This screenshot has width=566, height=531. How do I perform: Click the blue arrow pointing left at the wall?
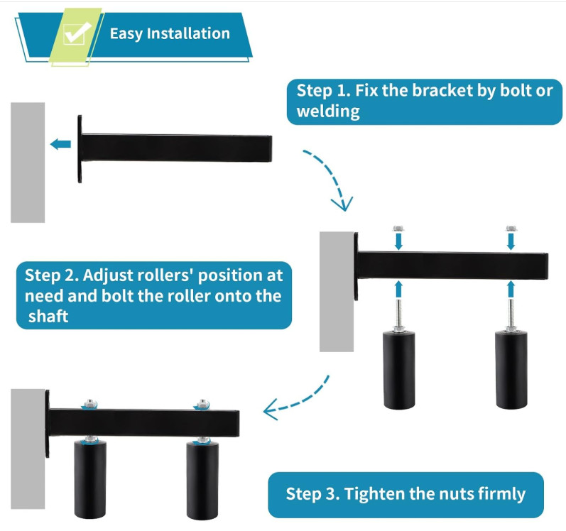coord(61,145)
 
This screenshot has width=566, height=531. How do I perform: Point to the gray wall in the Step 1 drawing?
coord(28,162)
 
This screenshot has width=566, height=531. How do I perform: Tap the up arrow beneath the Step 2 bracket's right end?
coord(510,288)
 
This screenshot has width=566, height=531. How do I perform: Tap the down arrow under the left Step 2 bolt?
coord(398,242)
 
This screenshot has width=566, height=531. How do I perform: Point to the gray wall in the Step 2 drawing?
coord(336,291)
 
